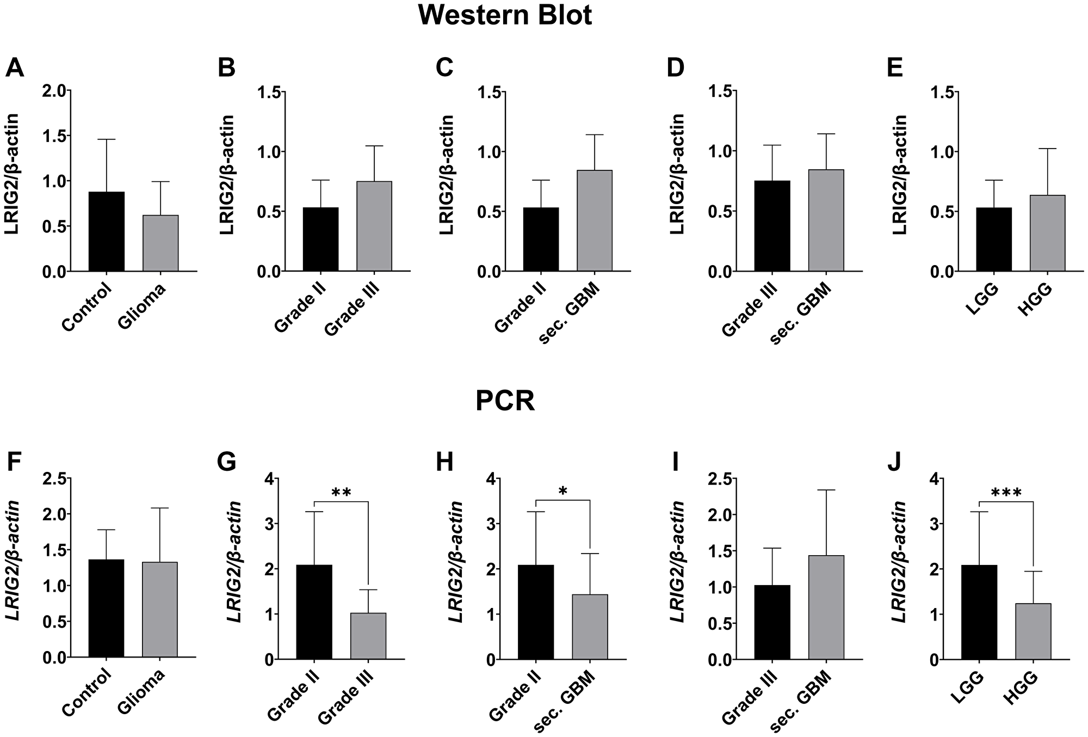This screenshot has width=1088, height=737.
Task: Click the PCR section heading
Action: tap(505, 402)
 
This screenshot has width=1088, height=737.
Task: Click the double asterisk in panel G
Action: tap(341, 493)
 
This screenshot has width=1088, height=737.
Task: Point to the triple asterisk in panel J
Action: tap(1006, 494)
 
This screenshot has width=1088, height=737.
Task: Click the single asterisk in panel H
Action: tap(562, 492)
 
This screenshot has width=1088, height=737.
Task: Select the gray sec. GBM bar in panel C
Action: tap(595, 220)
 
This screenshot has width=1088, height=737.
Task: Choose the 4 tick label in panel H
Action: tap(491, 478)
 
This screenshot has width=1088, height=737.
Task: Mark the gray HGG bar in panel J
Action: tap(1033, 631)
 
